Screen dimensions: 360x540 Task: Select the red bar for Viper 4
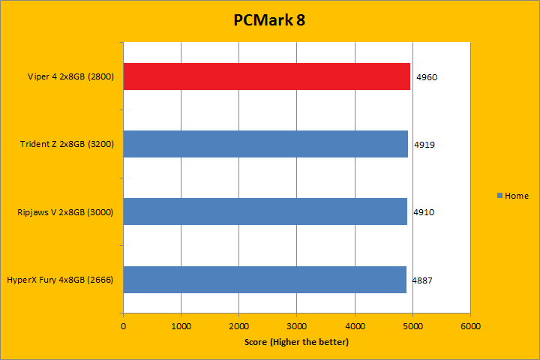coord(266,76)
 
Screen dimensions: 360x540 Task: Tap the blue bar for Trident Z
coord(265,144)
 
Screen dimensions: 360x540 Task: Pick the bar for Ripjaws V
coord(265,211)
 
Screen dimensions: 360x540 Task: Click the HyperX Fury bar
coord(264,279)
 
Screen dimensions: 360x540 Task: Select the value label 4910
coord(424,212)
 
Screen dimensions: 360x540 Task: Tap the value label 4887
coord(421,280)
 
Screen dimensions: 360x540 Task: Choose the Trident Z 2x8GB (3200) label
coord(67,144)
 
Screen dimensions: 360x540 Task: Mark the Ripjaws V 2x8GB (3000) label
coord(65,212)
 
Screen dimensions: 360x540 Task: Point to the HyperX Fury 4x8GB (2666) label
coord(60,280)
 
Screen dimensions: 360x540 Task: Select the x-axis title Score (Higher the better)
coord(296,342)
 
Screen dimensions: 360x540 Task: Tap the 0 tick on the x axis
coord(124,326)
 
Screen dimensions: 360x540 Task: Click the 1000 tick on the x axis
coord(181,326)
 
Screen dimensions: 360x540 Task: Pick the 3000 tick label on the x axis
coord(296,326)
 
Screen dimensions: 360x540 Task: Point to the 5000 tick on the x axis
coord(412,326)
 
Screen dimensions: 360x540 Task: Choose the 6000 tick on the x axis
coord(469,326)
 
